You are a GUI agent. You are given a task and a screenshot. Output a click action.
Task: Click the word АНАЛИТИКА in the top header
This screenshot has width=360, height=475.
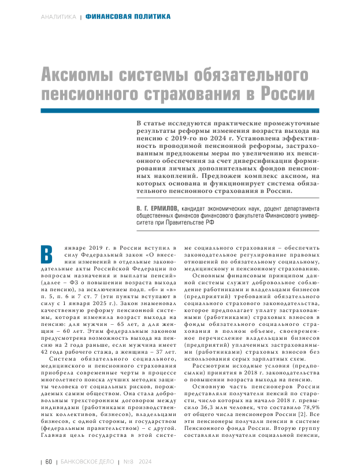(x=58, y=17)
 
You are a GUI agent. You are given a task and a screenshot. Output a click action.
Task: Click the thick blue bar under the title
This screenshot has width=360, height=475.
(x=179, y=110)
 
